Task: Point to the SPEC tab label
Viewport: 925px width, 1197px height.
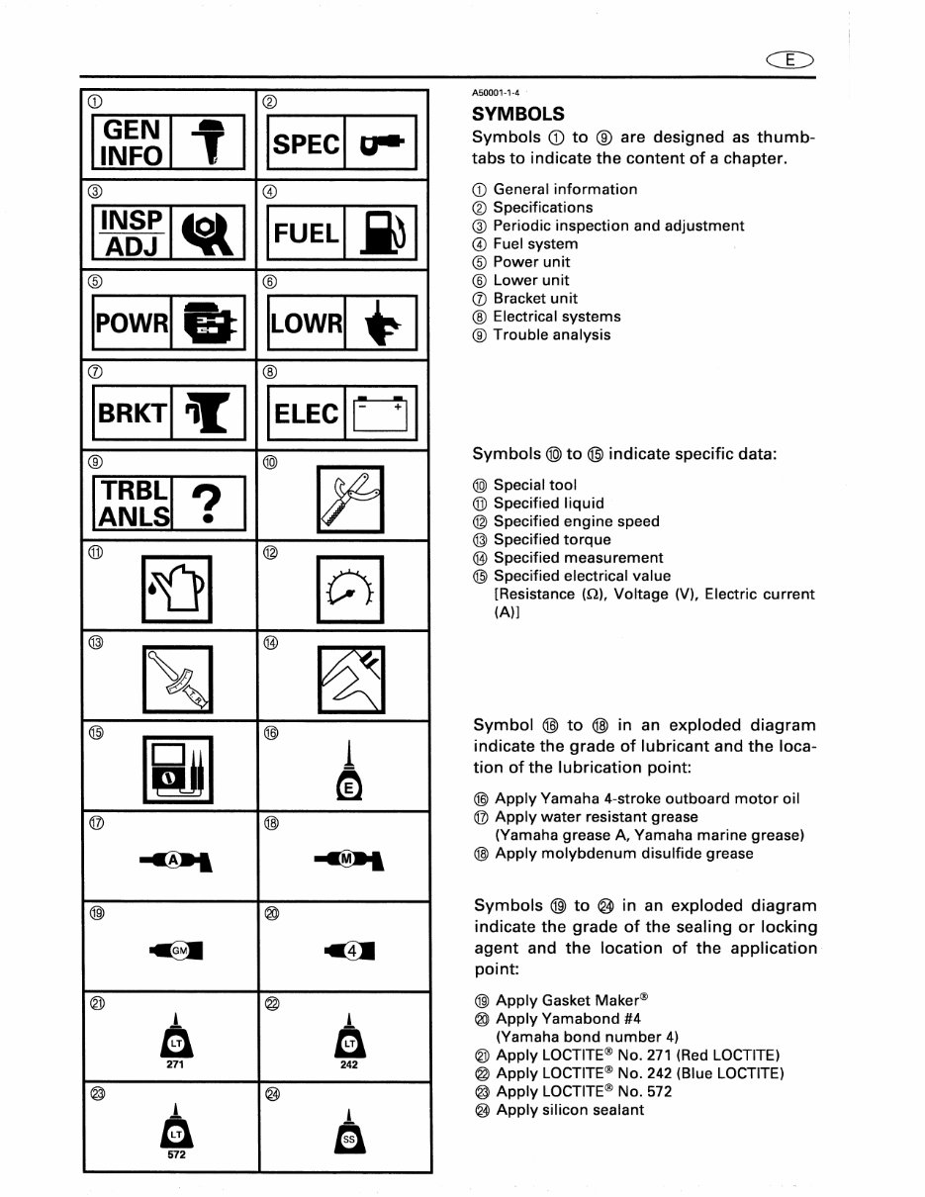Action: pos(306,143)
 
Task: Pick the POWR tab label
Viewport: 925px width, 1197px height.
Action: pos(132,323)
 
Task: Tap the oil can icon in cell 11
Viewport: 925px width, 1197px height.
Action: pos(173,594)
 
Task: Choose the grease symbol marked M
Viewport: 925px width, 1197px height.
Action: pos(348,860)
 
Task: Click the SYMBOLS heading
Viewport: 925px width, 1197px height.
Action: pos(518,114)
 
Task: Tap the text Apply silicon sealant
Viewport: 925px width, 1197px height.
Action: pos(569,1110)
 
